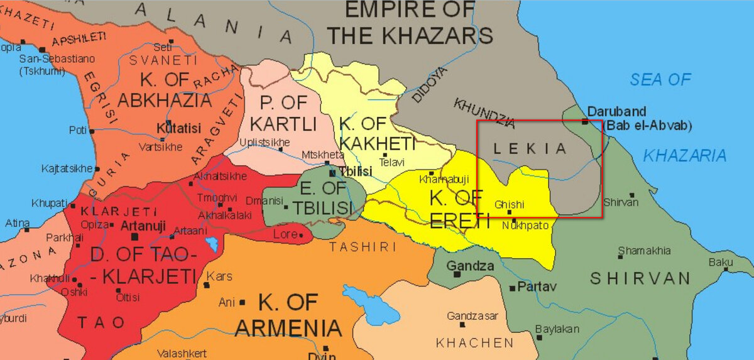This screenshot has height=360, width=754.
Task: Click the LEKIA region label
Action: point(530,149)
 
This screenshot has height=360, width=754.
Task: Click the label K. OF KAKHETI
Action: point(377,134)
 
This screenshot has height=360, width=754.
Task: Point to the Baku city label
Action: point(721,261)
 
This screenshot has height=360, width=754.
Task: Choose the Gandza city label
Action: point(470,266)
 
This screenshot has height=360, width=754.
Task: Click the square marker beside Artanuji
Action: point(134,237)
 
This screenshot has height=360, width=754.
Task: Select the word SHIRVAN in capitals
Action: point(640,278)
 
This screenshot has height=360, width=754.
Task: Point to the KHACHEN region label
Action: point(474,342)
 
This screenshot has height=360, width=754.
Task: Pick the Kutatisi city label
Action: point(178,129)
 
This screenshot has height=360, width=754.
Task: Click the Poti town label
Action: point(77,131)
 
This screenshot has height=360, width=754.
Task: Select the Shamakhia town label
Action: point(644,251)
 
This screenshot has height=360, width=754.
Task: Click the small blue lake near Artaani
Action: point(212,244)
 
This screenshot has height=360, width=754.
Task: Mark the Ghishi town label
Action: point(509,204)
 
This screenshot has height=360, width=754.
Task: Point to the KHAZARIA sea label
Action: point(685,155)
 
